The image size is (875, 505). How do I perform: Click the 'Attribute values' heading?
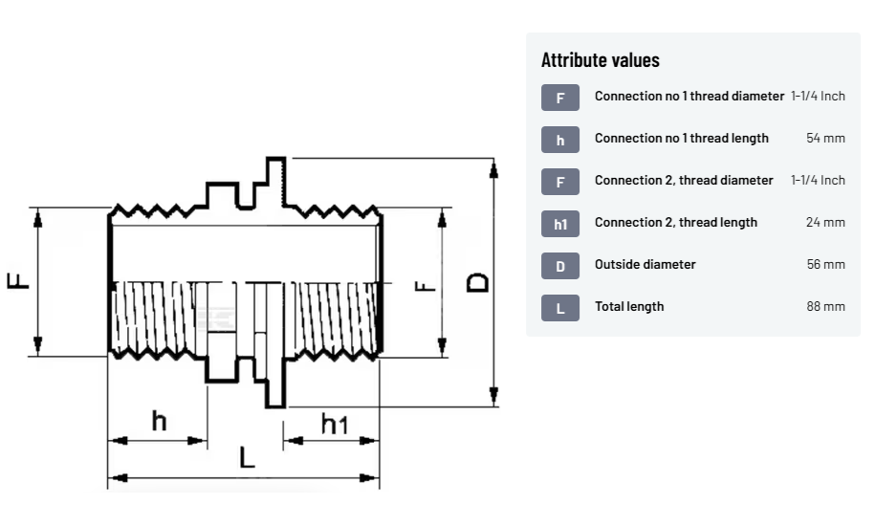tap(600, 60)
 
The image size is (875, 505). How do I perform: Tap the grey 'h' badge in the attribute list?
tap(560, 140)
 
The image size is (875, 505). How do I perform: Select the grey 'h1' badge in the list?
tap(560, 224)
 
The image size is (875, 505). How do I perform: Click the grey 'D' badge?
tap(560, 266)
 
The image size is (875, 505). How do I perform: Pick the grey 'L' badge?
tap(560, 308)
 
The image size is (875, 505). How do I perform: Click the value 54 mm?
tap(825, 139)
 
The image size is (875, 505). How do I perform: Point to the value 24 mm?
tap(825, 223)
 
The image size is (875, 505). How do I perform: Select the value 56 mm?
tap(825, 265)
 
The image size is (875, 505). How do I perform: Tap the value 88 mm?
tap(825, 307)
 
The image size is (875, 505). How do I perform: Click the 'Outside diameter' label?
tap(645, 265)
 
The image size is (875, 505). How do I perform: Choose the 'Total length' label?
tap(628, 307)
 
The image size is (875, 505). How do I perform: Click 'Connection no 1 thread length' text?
tap(681, 139)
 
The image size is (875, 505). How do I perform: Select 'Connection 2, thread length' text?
tap(675, 223)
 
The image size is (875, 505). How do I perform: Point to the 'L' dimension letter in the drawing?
tap(248, 458)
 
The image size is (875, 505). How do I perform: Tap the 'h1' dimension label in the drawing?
tap(334, 423)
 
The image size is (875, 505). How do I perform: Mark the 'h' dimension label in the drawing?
tap(159, 420)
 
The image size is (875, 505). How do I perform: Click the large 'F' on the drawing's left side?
tap(18, 280)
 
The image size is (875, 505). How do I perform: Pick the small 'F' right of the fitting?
tap(426, 284)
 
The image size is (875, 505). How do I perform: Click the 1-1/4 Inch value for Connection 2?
tap(818, 181)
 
